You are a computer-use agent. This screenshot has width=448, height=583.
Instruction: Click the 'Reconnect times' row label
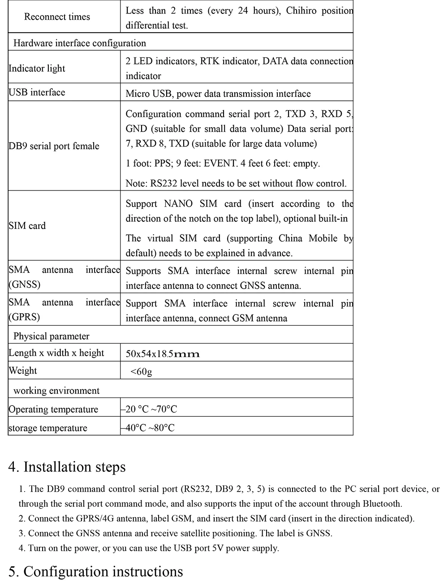(x=57, y=17)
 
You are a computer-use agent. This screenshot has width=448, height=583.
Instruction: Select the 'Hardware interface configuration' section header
(x=80, y=43)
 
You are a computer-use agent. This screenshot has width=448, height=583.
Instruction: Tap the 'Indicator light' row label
(x=37, y=69)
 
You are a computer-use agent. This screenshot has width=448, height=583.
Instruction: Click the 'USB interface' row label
(x=37, y=92)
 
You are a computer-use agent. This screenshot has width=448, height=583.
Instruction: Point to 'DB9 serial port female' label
(x=54, y=146)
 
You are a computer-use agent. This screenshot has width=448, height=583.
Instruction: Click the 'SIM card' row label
(x=27, y=226)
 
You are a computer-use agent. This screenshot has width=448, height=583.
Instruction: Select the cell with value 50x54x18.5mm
(x=162, y=354)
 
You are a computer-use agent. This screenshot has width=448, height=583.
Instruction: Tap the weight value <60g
(x=141, y=371)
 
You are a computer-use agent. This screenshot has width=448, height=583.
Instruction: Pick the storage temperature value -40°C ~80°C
(x=148, y=428)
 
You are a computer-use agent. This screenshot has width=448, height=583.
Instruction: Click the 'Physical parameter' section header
(x=51, y=336)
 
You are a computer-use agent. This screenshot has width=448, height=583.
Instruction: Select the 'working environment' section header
(x=56, y=391)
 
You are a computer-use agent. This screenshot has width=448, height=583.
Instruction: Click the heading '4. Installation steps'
(x=67, y=467)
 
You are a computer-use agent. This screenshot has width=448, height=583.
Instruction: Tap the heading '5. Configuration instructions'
(x=95, y=572)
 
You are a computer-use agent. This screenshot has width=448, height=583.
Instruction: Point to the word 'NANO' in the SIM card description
(x=178, y=204)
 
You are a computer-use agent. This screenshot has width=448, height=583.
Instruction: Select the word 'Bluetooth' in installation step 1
(x=382, y=504)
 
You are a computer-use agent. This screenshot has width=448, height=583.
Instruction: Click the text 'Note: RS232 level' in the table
(x=162, y=184)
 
